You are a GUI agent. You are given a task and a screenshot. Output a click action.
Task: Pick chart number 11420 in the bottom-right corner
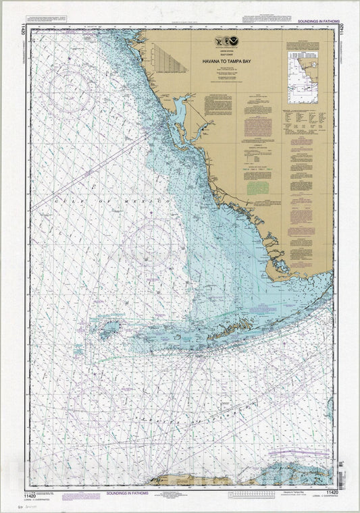[x=332, y=495]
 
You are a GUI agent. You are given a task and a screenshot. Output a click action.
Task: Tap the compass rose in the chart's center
[x=152, y=243]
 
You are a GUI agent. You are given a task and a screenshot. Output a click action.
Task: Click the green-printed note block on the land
[x=257, y=187]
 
